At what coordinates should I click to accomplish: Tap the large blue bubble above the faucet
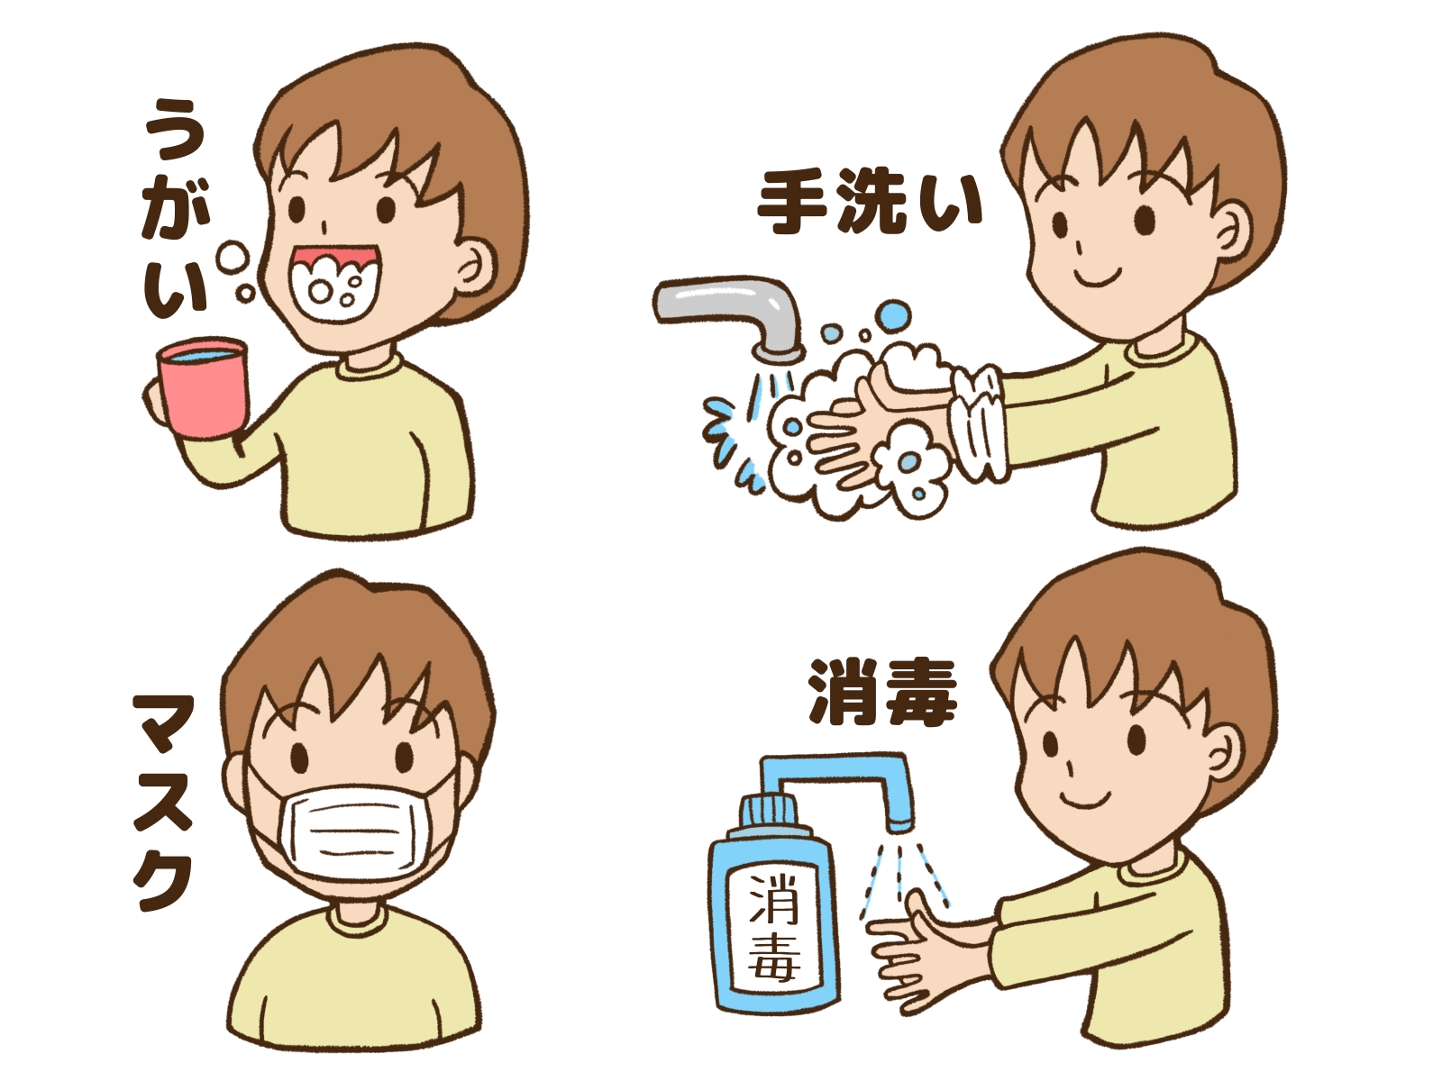click(896, 316)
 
